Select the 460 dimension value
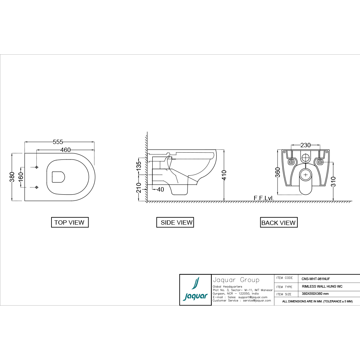[x=65, y=150]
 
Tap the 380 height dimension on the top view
[x=12, y=177]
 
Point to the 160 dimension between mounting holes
[x=21, y=177]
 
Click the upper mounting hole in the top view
[x=37, y=167]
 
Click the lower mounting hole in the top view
[x=37, y=187]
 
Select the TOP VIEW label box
[x=69, y=222]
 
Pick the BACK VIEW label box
[x=279, y=223]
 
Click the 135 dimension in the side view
[x=139, y=166]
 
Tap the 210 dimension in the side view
[x=139, y=188]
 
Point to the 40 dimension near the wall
[x=160, y=189]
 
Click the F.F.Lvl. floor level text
[x=264, y=198]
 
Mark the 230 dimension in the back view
[x=306, y=145]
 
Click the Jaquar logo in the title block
[x=195, y=290]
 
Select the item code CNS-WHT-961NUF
[x=316, y=279]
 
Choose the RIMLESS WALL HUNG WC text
[x=322, y=287]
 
